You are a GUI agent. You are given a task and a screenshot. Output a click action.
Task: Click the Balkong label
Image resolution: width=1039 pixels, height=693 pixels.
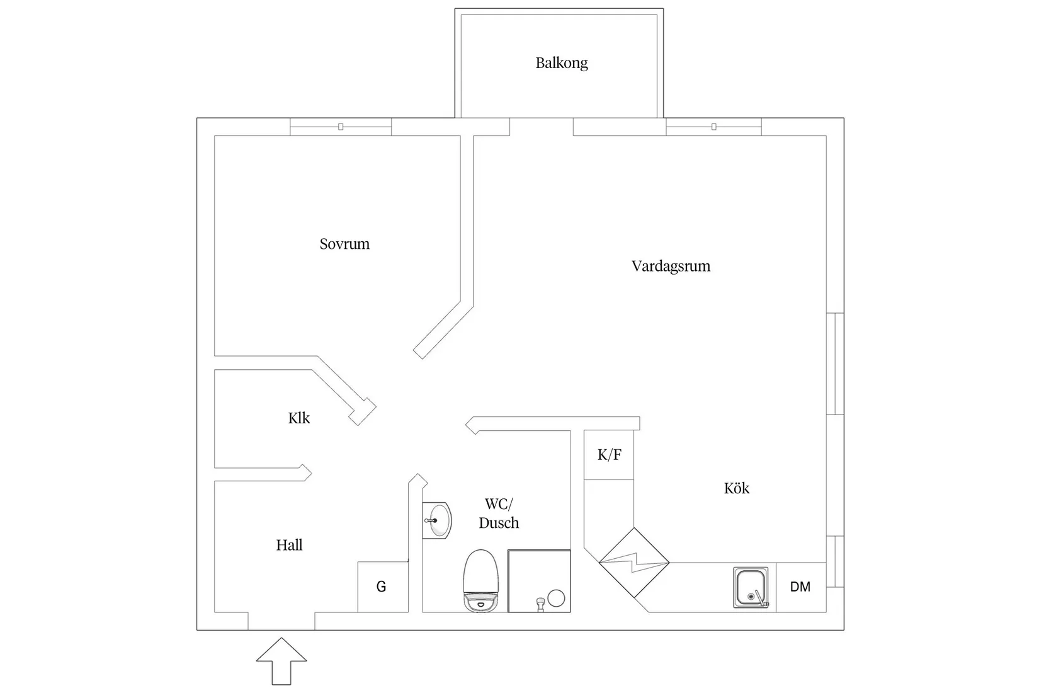[x=562, y=63]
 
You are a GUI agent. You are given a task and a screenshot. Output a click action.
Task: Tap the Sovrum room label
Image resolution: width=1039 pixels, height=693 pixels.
[x=344, y=244]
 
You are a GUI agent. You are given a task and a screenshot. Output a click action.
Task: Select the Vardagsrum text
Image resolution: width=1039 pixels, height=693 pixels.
[x=671, y=266]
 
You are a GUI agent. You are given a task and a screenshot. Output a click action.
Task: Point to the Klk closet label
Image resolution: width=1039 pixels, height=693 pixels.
[x=299, y=418]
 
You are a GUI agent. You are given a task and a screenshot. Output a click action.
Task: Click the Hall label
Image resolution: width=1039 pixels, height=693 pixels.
[x=289, y=545]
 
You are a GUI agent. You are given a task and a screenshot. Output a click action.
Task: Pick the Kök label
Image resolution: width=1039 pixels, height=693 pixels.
[x=736, y=488]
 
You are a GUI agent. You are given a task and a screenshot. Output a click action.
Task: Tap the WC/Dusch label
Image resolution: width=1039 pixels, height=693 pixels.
[x=499, y=513]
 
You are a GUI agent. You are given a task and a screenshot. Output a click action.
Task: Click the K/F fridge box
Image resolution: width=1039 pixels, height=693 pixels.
[x=609, y=455]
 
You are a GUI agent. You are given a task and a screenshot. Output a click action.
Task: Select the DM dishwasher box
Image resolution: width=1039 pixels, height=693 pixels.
[x=800, y=587]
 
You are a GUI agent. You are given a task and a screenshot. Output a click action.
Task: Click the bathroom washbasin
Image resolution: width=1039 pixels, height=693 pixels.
[x=437, y=521]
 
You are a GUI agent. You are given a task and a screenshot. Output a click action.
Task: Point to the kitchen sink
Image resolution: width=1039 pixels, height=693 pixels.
[x=751, y=587]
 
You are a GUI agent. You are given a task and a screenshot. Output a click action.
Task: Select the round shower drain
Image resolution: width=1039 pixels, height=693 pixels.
[x=556, y=598]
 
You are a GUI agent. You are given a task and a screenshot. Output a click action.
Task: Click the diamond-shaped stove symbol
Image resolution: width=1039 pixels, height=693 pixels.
[x=633, y=563]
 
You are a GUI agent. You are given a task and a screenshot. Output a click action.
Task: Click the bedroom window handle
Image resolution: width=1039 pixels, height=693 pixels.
[x=341, y=127]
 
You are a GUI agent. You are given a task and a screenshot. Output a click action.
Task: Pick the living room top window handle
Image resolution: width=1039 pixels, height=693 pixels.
[x=713, y=127]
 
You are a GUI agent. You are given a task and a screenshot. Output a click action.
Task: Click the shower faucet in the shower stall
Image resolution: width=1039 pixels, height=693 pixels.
[x=539, y=604]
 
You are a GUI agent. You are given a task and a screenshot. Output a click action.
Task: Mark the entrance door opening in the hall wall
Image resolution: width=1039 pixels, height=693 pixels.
[x=281, y=621]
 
